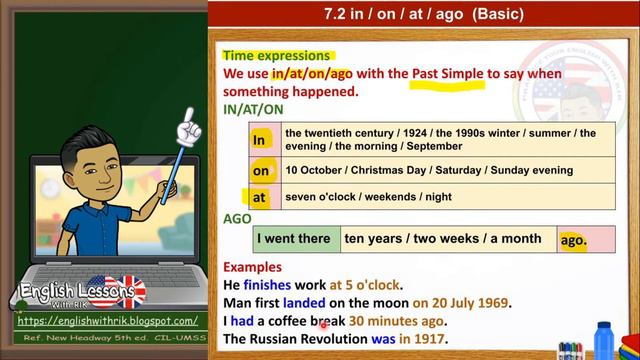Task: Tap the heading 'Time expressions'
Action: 276,56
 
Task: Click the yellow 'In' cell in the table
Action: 261,139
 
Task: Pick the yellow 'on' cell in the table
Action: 261,171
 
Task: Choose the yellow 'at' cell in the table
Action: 261,196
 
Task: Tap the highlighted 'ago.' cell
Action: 572,240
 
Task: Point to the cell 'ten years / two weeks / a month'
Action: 442,239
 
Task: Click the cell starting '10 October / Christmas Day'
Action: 447,171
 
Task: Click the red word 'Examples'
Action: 252,267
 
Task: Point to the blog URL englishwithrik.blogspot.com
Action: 108,321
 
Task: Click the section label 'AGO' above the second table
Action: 237,218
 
